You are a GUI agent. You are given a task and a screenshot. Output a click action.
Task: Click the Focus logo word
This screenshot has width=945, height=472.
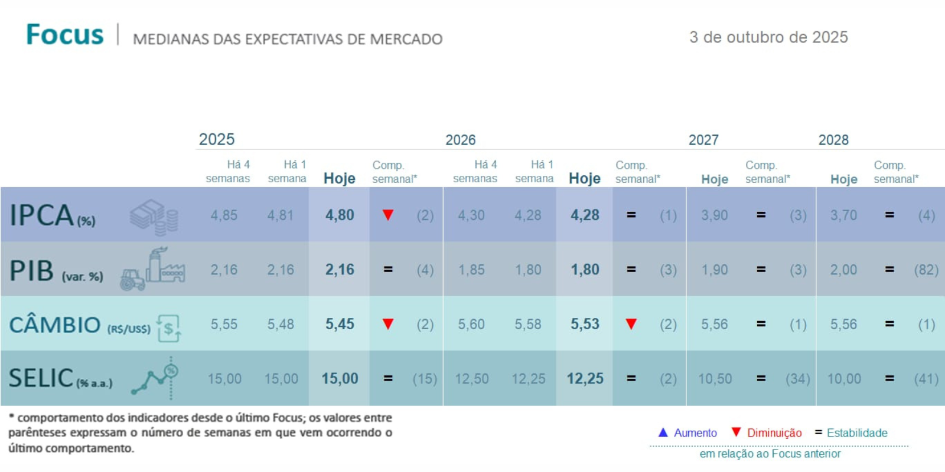[x=65, y=35]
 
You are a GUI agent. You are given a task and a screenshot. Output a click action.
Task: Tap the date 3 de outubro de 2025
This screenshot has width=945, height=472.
[x=768, y=37]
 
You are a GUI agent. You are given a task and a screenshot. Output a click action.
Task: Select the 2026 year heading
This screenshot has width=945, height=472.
[x=460, y=140]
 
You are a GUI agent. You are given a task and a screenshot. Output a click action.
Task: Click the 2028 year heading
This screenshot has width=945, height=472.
[x=833, y=140]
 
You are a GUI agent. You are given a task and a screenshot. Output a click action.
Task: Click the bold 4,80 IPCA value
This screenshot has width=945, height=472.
[x=340, y=215]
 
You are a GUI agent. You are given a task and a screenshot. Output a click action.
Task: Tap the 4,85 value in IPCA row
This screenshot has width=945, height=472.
[x=224, y=215]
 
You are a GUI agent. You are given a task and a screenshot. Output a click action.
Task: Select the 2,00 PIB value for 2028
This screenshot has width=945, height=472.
[x=843, y=270]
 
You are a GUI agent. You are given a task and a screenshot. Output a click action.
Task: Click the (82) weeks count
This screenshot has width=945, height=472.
[x=926, y=270]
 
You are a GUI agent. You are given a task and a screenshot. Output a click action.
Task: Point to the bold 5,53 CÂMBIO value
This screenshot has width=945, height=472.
[x=585, y=324]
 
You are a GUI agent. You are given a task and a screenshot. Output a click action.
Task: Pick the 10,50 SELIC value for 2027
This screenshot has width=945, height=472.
[x=715, y=379]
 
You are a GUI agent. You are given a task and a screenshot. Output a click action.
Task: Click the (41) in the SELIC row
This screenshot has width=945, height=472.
[x=926, y=379]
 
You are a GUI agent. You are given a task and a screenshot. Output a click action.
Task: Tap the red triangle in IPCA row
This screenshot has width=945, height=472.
[x=388, y=215]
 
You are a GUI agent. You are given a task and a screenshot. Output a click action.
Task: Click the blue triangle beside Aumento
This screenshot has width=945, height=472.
[x=663, y=432]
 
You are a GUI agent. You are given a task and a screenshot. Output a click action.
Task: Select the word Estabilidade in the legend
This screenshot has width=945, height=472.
[x=857, y=433]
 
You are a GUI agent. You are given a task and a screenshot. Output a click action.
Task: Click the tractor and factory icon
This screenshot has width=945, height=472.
[x=152, y=270]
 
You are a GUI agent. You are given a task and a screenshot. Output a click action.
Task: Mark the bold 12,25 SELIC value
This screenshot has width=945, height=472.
[x=585, y=379]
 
